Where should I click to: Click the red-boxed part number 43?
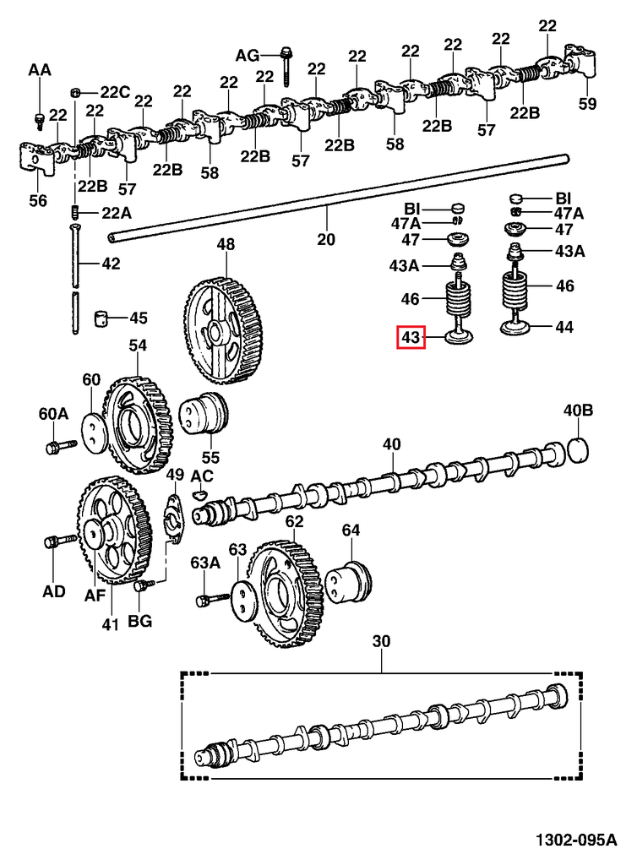click(x=411, y=339)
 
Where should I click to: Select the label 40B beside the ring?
click(x=579, y=411)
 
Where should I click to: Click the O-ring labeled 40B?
click(x=577, y=449)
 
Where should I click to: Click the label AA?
click(x=40, y=71)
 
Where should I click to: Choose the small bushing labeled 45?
click(x=104, y=318)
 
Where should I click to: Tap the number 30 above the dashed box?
click(x=382, y=642)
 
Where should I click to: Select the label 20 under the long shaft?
click(x=326, y=240)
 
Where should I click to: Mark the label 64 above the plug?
click(x=351, y=530)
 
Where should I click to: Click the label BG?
click(x=139, y=622)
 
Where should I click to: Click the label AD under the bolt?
click(x=53, y=591)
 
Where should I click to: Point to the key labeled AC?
click(x=201, y=494)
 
